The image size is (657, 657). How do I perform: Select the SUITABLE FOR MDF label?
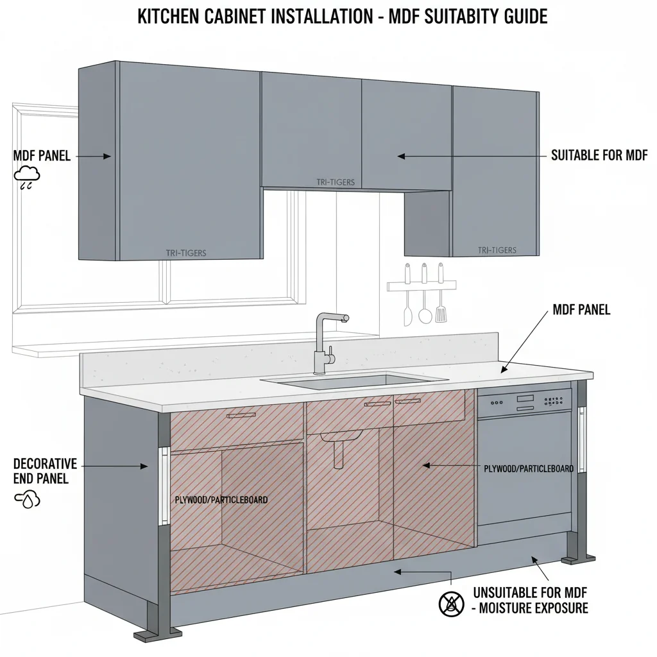click(x=599, y=155)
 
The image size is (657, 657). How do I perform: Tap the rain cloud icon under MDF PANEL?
click(x=28, y=176)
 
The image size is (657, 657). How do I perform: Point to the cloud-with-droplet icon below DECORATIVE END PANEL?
click(x=28, y=499)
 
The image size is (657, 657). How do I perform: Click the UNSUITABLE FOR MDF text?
click(x=530, y=592)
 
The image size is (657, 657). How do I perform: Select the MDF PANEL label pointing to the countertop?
click(x=581, y=311)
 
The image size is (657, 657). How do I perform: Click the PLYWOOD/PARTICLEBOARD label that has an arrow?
click(x=528, y=468)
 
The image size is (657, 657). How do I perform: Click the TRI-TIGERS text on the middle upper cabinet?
click(x=336, y=182)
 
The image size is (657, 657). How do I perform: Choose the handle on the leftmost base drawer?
click(x=241, y=416)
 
